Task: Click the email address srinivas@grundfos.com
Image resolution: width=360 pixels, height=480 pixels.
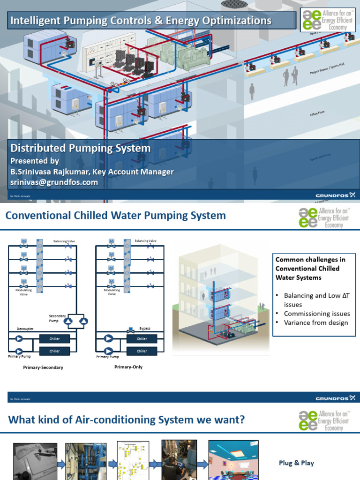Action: tap(54, 182)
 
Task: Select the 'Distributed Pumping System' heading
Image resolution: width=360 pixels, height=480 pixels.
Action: tap(81, 149)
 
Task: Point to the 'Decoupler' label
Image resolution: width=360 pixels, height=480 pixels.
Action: tap(25, 329)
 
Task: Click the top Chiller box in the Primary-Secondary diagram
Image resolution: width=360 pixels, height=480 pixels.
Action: tap(54, 338)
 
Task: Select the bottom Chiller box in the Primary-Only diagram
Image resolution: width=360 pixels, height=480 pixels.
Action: tap(142, 351)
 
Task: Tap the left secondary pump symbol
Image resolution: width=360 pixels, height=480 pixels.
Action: tap(68, 321)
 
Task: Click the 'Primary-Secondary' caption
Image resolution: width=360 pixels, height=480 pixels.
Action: tap(43, 367)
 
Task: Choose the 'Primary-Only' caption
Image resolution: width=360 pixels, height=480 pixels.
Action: tap(128, 367)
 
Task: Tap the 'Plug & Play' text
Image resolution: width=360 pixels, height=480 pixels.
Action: tap(296, 463)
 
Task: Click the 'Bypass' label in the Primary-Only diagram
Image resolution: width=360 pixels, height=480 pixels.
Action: tap(144, 328)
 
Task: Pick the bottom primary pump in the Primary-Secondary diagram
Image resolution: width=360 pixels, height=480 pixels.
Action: tap(19, 351)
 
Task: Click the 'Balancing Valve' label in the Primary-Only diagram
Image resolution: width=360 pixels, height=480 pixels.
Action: tap(145, 241)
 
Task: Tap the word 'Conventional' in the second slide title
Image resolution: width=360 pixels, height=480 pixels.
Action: tap(37, 216)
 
